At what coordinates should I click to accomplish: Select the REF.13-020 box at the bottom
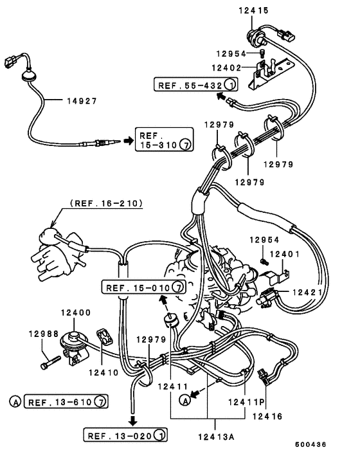pos(126,435)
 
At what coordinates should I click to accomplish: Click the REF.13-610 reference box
pos(65,403)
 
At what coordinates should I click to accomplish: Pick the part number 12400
pos(76,313)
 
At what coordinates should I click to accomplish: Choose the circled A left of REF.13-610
pos(15,403)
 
